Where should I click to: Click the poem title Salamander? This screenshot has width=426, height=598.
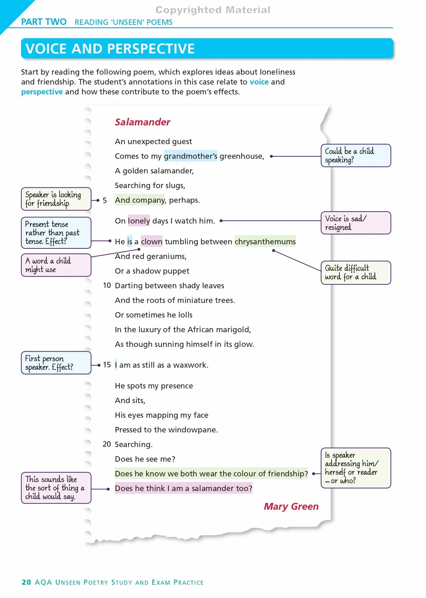[x=142, y=122]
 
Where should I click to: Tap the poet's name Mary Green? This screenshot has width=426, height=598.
[x=291, y=507]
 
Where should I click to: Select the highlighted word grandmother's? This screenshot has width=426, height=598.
[x=191, y=156]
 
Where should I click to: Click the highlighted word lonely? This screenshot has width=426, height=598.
[x=139, y=221]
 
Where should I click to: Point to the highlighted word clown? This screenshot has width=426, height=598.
[x=152, y=242]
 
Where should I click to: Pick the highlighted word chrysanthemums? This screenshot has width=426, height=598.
[x=265, y=242]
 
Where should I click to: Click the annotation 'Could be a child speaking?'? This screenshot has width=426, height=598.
[x=356, y=155]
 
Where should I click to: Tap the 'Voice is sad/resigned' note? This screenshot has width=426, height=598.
[x=356, y=223]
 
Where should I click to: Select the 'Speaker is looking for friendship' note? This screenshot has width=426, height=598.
[x=56, y=199]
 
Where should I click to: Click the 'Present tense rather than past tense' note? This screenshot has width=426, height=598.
[x=56, y=233]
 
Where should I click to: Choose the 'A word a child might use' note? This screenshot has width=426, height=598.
[x=56, y=265]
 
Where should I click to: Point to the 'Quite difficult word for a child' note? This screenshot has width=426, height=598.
[x=356, y=273]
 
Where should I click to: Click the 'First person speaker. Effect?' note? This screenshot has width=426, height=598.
[x=56, y=363]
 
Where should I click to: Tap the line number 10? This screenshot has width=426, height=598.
[x=107, y=286]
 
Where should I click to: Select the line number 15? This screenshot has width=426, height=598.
[x=107, y=365]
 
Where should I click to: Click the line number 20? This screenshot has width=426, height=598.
[x=107, y=444]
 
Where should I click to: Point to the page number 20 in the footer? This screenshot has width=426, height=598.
[x=26, y=582]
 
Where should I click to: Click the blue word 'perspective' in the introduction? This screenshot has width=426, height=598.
[x=42, y=92]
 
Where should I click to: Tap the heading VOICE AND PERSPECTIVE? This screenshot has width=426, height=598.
[x=110, y=49]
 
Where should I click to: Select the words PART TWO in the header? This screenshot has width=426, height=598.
[x=44, y=22]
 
